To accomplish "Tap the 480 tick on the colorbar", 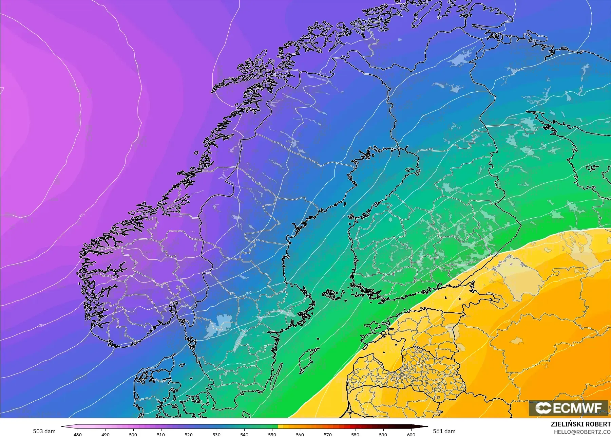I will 78,434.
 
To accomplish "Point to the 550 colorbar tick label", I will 272,434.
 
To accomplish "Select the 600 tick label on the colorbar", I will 411,434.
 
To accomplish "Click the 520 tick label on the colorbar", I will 189,434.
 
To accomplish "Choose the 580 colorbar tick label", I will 355,434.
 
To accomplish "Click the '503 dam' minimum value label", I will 44,431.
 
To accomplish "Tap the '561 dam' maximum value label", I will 444,431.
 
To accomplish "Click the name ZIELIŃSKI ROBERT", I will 580,424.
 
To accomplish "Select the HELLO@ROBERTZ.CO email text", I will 582,432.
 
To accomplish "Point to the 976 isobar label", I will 82,215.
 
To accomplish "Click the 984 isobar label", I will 41,325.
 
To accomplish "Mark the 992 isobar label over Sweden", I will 249,293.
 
